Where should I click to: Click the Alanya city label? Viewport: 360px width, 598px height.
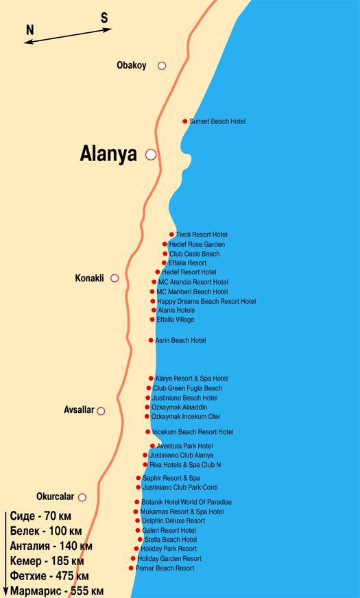[x=108, y=154]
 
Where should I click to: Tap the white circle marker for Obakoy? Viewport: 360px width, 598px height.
[x=162, y=66]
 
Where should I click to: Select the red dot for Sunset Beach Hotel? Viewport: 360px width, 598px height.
[x=185, y=121]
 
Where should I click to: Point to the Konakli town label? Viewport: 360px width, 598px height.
[x=89, y=278]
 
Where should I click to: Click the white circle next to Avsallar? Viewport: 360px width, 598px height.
[x=101, y=411]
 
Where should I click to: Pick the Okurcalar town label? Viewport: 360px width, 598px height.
[x=54, y=497]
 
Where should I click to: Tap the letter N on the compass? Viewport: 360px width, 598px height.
[x=30, y=30]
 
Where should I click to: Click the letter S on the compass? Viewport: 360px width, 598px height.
[x=104, y=19]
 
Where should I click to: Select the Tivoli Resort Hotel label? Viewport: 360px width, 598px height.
[x=202, y=235]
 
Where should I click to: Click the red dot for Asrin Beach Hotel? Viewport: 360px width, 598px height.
[x=151, y=340]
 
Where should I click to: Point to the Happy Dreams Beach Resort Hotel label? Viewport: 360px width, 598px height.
[x=206, y=301]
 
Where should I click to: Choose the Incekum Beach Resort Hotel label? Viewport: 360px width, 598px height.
[x=193, y=432]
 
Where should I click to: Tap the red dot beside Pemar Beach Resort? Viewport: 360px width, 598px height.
[x=131, y=568]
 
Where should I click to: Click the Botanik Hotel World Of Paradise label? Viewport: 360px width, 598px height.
[x=187, y=502]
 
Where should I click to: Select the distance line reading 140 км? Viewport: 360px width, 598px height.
[x=51, y=547]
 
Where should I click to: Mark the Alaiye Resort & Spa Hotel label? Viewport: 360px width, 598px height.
[x=191, y=379]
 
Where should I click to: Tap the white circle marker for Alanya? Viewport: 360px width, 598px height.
[x=151, y=154]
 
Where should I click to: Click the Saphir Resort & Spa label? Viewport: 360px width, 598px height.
[x=171, y=478]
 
